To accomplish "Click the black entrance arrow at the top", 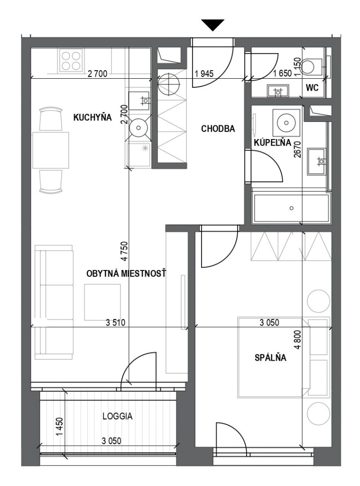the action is click(212, 25).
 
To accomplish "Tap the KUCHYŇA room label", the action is click(92, 118).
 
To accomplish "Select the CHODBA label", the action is click(218, 129).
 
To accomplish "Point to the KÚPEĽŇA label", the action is click(272, 142).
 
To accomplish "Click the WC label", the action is click(312, 88).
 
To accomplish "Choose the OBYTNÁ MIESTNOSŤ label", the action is click(126, 274).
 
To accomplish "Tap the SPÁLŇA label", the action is click(270, 358).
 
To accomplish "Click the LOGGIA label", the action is click(118, 416).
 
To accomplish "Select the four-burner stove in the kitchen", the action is click(71, 61).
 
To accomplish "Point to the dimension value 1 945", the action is click(204, 74).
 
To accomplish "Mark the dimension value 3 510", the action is click(116, 323).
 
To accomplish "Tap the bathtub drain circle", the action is click(292, 208).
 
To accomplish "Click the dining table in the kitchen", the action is click(51, 150).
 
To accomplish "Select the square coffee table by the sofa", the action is click(102, 302).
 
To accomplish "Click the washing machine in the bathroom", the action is click(286, 123).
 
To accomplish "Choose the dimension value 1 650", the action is click(283, 74).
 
